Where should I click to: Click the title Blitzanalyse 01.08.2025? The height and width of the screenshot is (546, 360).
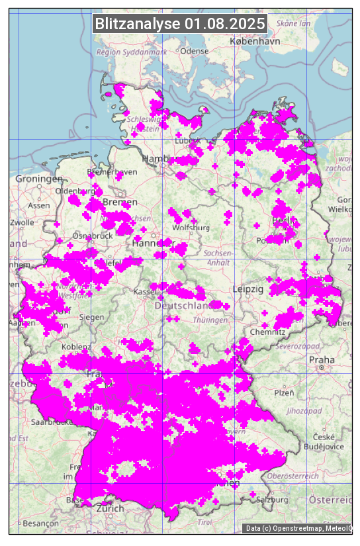[x=180, y=24]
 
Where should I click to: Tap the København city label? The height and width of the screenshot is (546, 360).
[x=255, y=41]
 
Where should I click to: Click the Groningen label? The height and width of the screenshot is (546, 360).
[x=39, y=179]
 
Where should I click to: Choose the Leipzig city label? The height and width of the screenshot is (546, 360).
[x=248, y=290]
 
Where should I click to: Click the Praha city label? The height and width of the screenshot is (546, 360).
[x=322, y=359]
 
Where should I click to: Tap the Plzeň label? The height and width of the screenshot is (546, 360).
[x=284, y=392]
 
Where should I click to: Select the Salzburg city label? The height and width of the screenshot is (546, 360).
[x=273, y=500]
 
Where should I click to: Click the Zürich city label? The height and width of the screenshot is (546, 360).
[x=110, y=508]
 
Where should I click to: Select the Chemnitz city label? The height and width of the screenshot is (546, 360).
[x=273, y=332]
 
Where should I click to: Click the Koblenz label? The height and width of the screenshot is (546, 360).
[x=75, y=347]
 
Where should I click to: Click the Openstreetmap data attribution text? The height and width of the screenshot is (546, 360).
[x=298, y=528]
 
